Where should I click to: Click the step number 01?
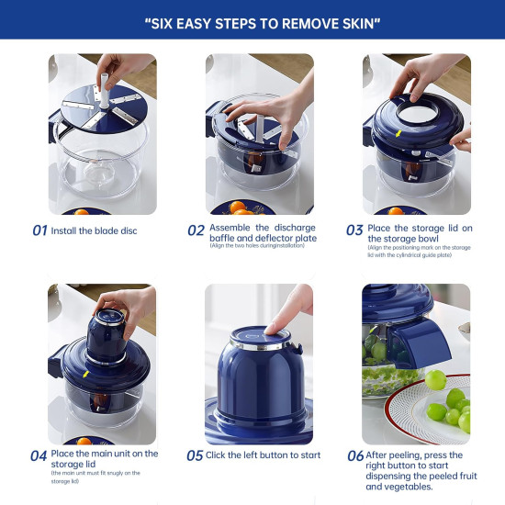[39, 230]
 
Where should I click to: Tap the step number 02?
[196, 230]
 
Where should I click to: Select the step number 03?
[354, 230]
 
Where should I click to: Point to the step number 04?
[39, 454]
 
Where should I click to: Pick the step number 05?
[195, 455]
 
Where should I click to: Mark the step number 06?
[355, 455]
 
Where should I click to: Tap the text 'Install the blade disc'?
[95, 230]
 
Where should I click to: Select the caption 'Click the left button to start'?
[264, 454]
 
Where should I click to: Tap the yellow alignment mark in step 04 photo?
[85, 375]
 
